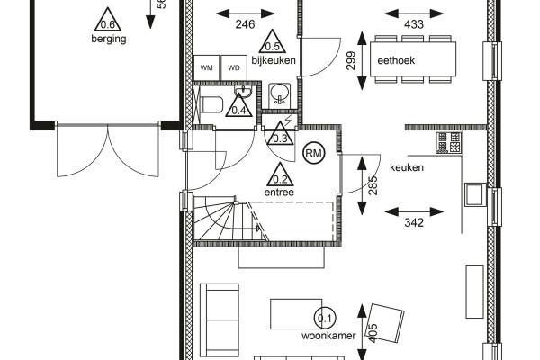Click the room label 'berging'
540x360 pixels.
[107, 40]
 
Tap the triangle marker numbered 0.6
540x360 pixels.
[108, 22]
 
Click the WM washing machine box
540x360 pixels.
[207, 68]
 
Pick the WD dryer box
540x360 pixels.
[233, 68]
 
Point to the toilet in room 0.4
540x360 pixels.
[212, 105]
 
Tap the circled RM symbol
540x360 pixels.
[314, 154]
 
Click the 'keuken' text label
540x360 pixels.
[406, 167]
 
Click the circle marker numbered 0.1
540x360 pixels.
[324, 317]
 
